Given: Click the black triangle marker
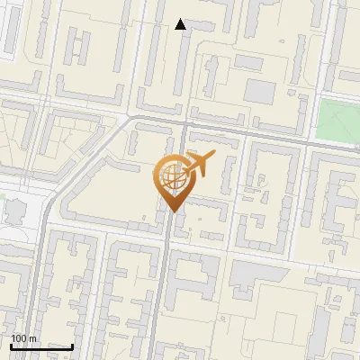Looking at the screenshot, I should [x=181, y=24].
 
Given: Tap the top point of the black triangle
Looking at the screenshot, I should [x=181, y=19].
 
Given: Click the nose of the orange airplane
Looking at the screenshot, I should [x=214, y=157].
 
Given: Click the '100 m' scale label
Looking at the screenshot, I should [x=23, y=338].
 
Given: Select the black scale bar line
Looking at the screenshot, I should [x=41, y=346].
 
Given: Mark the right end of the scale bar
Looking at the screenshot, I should [x=73, y=346].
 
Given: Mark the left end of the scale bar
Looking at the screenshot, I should [x=11, y=346].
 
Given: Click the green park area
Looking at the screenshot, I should [x=337, y=118].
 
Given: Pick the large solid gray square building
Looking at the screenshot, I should [x=259, y=91].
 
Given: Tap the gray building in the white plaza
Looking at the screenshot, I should [x=16, y=212].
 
